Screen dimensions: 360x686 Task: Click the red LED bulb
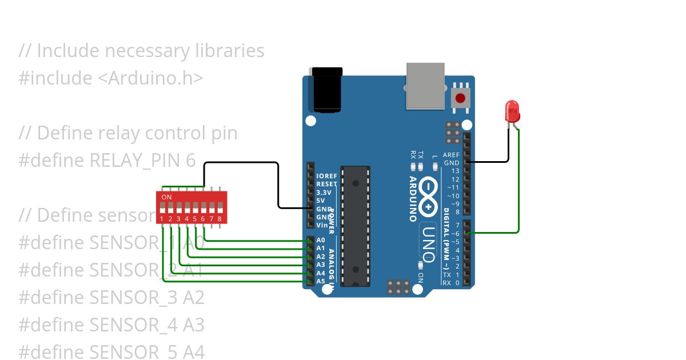pyautogui.click(x=512, y=110)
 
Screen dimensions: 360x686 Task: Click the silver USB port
pyautogui.click(x=425, y=86)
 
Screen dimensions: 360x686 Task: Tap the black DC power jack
pyautogui.click(x=326, y=90)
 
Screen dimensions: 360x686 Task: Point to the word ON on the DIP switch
pyautogui.click(x=166, y=197)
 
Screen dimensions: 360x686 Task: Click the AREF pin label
pyautogui.click(x=451, y=155)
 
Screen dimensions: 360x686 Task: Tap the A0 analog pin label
pyautogui.click(x=321, y=241)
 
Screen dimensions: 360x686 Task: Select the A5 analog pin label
pyautogui.click(x=321, y=281)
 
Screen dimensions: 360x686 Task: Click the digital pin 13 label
pyautogui.click(x=455, y=171)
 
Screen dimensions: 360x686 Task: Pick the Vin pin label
pyautogui.click(x=322, y=225)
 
